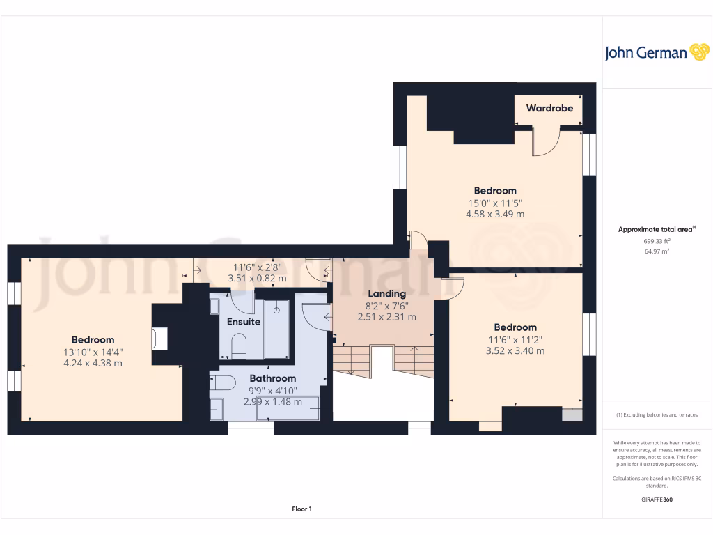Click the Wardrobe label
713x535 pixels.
coord(549,109)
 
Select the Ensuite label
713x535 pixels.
coord(244,322)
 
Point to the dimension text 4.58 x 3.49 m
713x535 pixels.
coord(495,215)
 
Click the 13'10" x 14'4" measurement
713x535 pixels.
coord(93,352)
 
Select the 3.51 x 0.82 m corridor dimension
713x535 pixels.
coord(257,278)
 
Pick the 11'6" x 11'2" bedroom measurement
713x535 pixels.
coord(515,339)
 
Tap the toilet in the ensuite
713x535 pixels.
coord(238,346)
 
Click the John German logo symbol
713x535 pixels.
coord(698,52)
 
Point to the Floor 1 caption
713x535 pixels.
coord(301,510)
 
